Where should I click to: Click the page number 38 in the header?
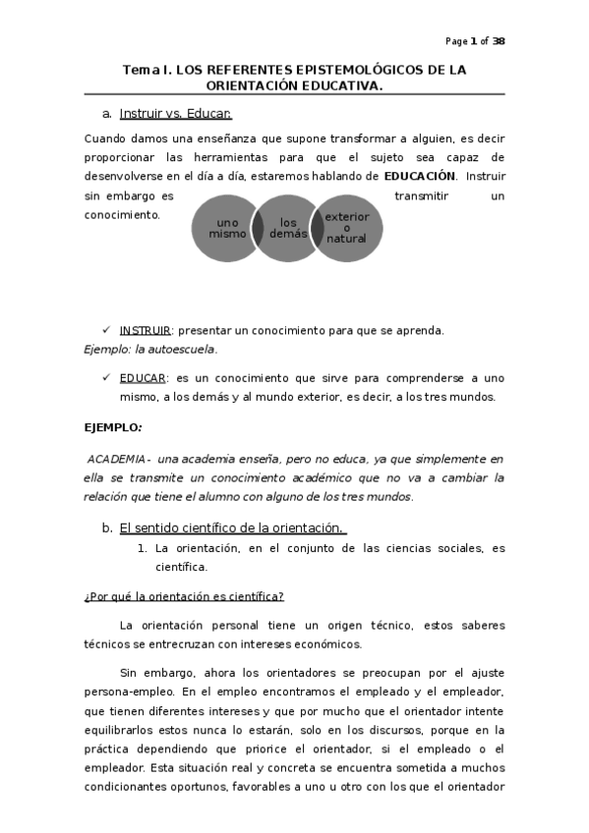point(499,41)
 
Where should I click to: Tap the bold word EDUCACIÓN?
point(420,176)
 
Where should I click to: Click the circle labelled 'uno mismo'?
point(225,229)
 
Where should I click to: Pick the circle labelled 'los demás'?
point(287,228)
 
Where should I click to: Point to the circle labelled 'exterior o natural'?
point(346,227)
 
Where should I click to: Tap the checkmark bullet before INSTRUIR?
point(106,330)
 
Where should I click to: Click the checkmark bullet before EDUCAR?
point(106,378)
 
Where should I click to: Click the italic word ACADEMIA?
point(117,459)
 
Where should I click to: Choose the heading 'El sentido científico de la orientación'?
point(231,528)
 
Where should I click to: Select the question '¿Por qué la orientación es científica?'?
point(184,596)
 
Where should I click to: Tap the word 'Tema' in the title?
point(140,70)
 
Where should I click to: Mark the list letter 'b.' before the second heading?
point(107,528)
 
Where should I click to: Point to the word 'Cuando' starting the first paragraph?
point(105,139)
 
